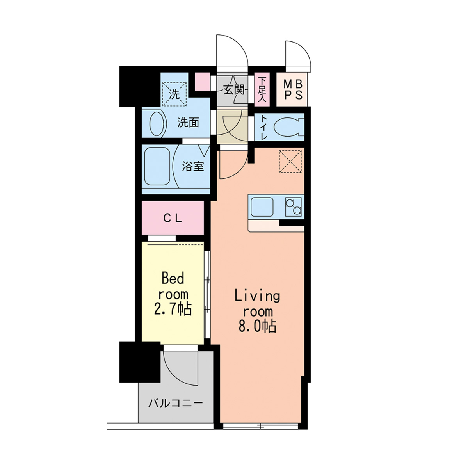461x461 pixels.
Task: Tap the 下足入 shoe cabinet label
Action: (262, 89)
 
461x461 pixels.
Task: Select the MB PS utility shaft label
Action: (293, 90)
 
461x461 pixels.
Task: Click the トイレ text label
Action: (263, 127)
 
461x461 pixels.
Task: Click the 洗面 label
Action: (188, 123)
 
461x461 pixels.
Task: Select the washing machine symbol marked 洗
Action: (174, 94)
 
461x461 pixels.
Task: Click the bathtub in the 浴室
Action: (157, 166)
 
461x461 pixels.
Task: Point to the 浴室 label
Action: (192, 166)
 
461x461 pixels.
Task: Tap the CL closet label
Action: (173, 218)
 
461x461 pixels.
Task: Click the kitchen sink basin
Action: (262, 207)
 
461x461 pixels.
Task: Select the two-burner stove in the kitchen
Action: (293, 206)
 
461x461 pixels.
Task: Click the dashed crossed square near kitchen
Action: (290, 161)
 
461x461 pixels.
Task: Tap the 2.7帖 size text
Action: (173, 309)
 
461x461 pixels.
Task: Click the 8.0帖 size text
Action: (257, 326)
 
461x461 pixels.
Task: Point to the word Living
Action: (257, 296)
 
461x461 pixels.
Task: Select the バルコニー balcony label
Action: (176, 403)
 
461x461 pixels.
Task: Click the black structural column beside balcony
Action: (140, 361)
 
